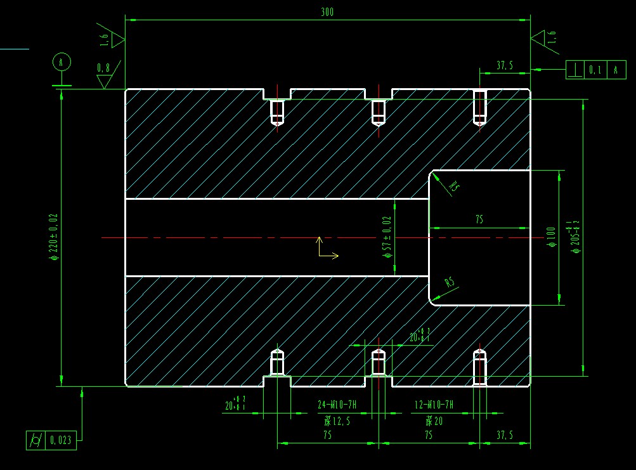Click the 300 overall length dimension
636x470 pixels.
click(327, 12)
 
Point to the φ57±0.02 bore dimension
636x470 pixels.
click(387, 237)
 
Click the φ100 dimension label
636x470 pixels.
click(551, 237)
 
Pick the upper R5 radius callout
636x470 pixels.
click(453, 186)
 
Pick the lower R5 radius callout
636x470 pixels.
click(450, 282)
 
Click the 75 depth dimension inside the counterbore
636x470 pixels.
click(479, 219)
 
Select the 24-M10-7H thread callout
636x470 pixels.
click(337, 404)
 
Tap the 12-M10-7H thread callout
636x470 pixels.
click(434, 404)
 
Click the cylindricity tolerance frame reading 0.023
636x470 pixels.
click(51, 440)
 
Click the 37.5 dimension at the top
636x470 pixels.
click(505, 65)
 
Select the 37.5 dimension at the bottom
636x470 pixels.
click(505, 435)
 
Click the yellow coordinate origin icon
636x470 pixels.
click(325, 249)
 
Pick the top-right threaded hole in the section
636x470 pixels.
click(480, 107)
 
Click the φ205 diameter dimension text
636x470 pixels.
click(576, 237)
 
